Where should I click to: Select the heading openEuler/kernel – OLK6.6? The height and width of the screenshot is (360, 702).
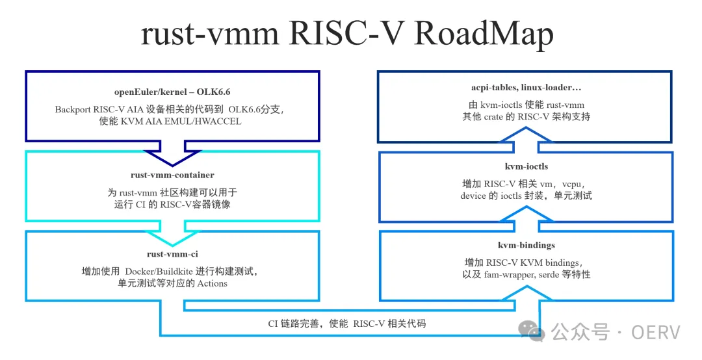pos(172,92)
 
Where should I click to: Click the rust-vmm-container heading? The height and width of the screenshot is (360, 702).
pos(172,175)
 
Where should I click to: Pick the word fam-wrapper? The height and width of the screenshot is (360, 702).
pos(519,275)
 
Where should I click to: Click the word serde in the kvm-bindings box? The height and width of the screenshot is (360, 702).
pos(552,275)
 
